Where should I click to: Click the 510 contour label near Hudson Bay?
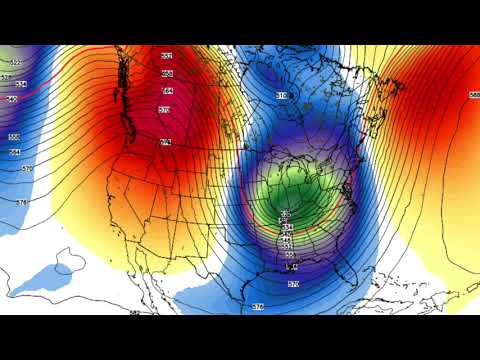[281, 95]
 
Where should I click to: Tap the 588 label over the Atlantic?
[473, 95]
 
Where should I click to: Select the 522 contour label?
[285, 214]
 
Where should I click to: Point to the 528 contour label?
[286, 221]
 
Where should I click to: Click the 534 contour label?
[286, 228]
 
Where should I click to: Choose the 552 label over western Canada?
[167, 56]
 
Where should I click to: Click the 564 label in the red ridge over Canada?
[167, 91]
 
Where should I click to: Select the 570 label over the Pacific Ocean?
[27, 169]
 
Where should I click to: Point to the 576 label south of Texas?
[259, 305]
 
